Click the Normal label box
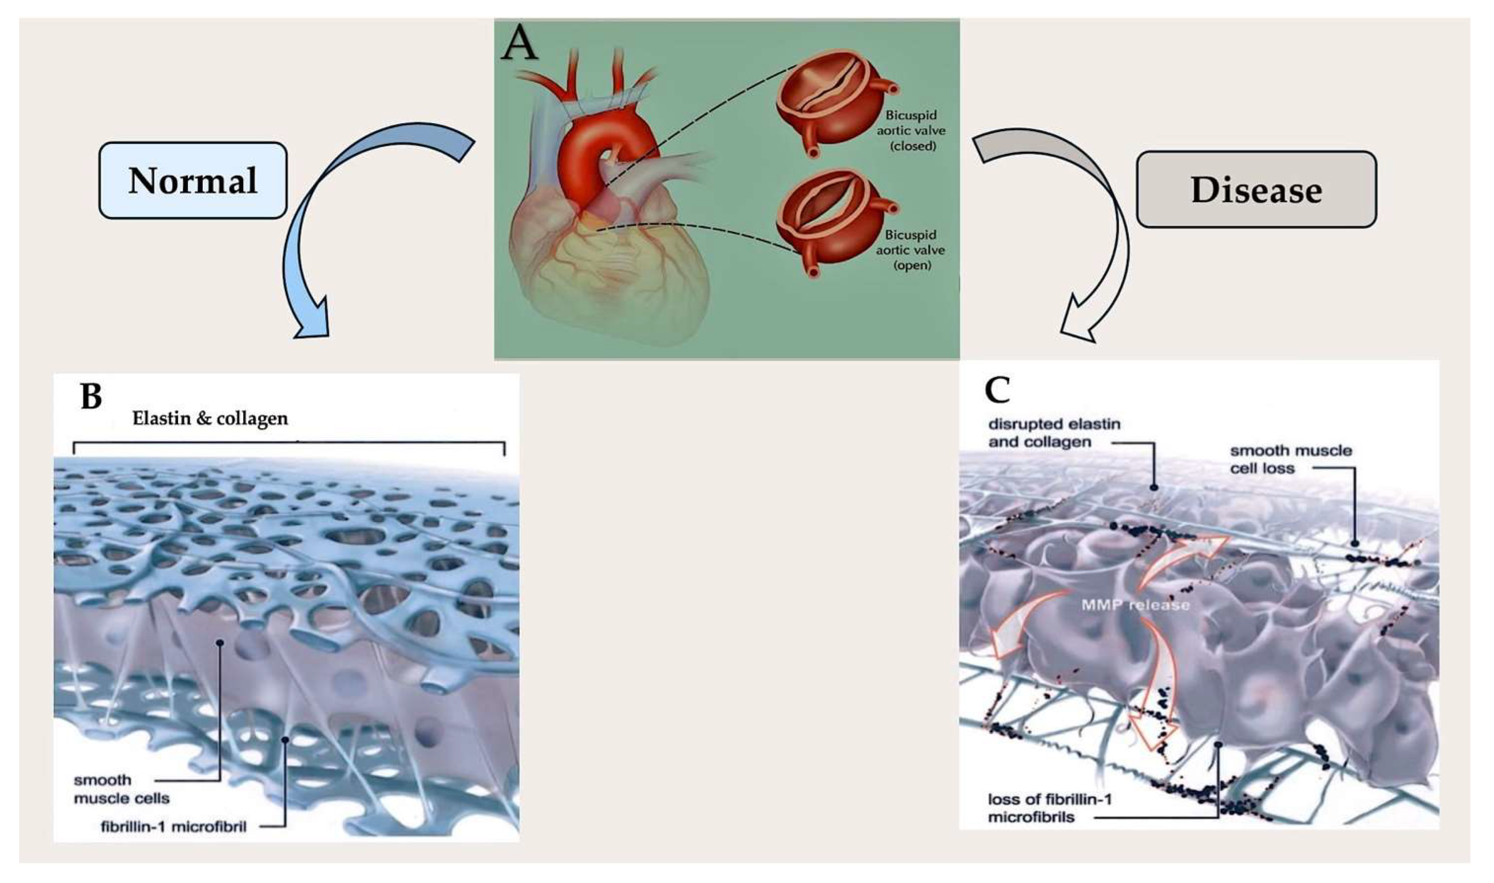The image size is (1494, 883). (193, 180)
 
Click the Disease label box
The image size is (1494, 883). (1256, 190)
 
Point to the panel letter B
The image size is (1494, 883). (91, 396)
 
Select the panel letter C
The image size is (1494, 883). (998, 390)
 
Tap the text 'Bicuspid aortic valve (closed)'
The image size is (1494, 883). (910, 131)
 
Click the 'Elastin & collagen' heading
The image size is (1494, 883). (210, 418)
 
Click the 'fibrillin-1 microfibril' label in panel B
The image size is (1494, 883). (173, 826)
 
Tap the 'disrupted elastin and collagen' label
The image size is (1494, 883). (1054, 433)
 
